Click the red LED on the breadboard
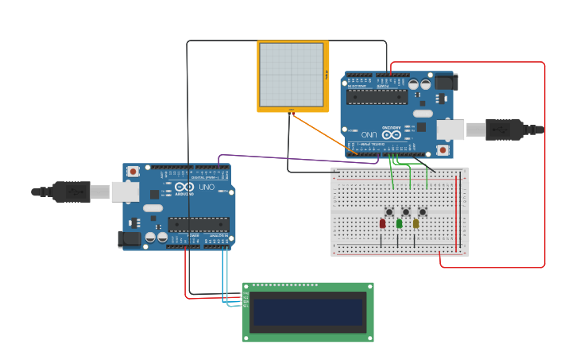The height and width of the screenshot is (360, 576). [382, 224]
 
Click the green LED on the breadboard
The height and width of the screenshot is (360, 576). [399, 224]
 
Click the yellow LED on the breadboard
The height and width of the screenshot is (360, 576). [416, 224]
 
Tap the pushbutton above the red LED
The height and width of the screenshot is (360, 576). [389, 211]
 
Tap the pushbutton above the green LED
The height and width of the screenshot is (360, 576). [406, 211]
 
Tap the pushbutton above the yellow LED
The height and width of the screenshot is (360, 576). [423, 211]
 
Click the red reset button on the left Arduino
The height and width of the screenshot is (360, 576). [133, 171]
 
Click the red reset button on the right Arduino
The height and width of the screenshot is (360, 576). [443, 149]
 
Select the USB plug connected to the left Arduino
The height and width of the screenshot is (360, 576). [72, 192]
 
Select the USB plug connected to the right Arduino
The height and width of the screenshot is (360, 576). [504, 129]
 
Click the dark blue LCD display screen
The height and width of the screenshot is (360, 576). [307, 312]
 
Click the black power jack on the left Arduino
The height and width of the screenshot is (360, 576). [130, 238]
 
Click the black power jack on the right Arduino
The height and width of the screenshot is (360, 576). [446, 82]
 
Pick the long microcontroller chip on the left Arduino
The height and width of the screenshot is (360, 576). [199, 224]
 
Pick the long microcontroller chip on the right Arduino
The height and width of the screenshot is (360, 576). [377, 97]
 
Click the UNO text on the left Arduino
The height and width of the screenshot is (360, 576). [206, 187]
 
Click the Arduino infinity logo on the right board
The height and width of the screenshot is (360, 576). [392, 134]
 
